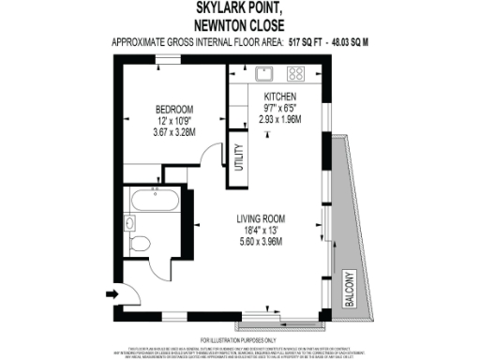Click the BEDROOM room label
coord(173,109)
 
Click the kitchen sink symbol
coord(262,72)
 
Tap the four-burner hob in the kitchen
coord(296,72)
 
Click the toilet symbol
coord(140,243)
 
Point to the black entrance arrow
coord(112,293)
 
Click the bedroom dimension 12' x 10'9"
coord(173,121)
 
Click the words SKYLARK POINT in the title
coord(240,9)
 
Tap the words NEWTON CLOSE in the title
coord(240,25)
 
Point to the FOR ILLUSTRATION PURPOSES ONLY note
coord(239,338)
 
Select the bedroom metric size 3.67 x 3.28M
coord(173,133)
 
